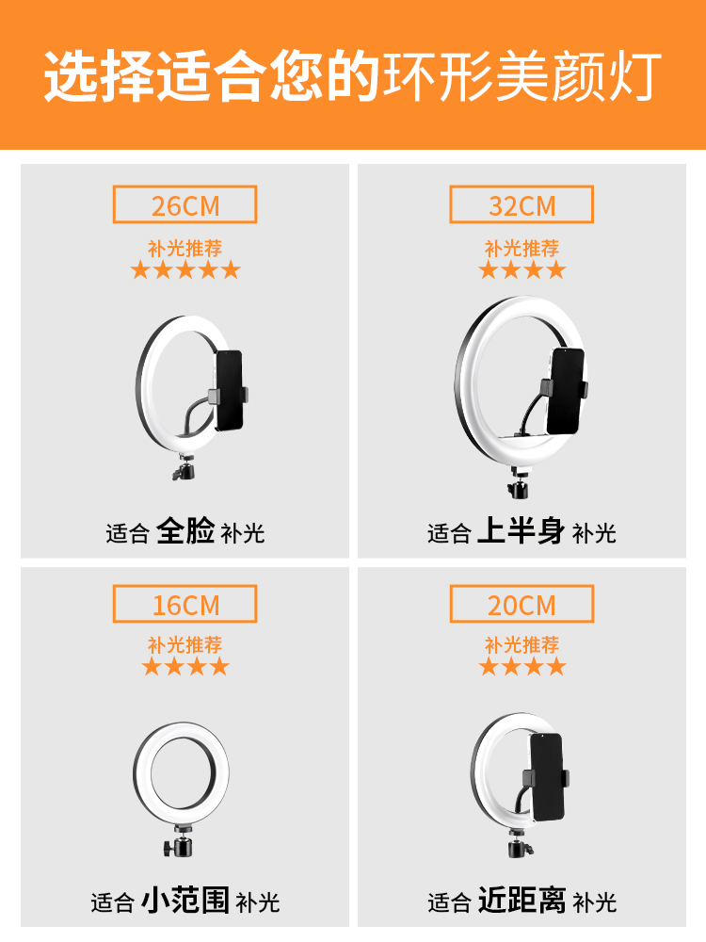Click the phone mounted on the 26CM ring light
tap(229, 391)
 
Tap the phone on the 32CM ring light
tap(566, 391)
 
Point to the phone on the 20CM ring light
tap(546, 777)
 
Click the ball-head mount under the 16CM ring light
tap(180, 841)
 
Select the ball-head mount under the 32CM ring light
tap(519, 483)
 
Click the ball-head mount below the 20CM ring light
tap(520, 842)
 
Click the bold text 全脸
tap(185, 531)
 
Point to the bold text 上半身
tap(521, 531)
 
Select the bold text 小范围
tap(185, 901)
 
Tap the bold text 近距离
tap(521, 901)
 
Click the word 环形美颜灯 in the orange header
tap(522, 76)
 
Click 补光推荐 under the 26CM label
tap(185, 248)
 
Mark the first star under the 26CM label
tap(140, 269)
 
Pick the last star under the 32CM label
tap(556, 269)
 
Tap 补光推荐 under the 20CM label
tap(521, 644)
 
